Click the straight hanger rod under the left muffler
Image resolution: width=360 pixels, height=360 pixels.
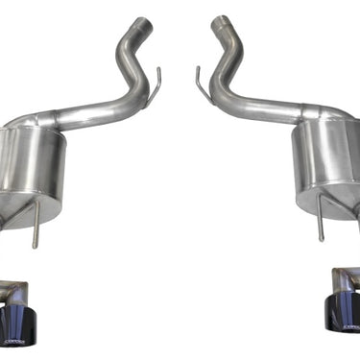[x=35, y=226]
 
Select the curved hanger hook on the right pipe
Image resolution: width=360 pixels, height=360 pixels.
[x=203, y=81]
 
